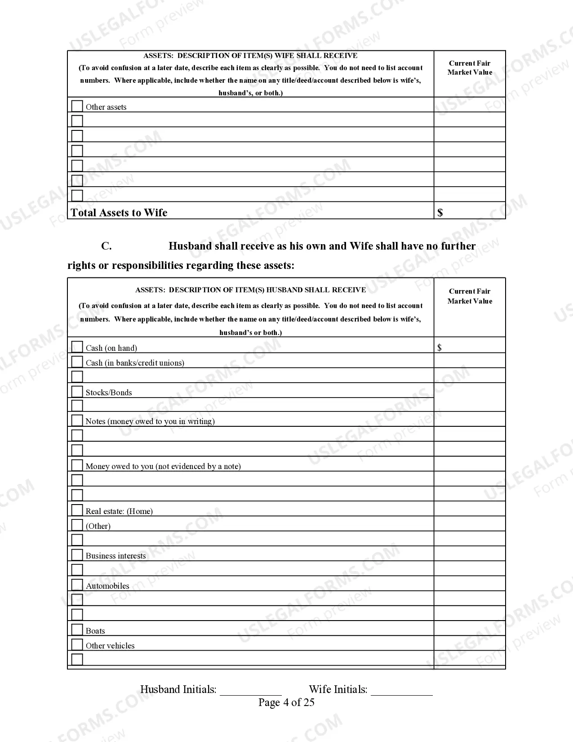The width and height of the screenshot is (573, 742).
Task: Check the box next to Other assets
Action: [77, 106]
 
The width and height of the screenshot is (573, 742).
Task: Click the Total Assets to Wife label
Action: [119, 213]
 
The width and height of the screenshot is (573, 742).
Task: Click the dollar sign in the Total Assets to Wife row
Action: [440, 213]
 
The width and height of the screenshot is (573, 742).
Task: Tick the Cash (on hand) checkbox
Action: [77, 347]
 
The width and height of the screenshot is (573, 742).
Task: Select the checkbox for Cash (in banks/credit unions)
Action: [77, 362]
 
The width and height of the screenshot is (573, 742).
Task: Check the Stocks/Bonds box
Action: [77, 391]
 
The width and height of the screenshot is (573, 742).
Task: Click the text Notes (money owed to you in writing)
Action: [150, 421]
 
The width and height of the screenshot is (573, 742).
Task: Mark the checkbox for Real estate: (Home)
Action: [77, 510]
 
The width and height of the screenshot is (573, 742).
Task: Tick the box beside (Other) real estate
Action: [77, 525]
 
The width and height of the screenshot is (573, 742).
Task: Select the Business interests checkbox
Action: [77, 554]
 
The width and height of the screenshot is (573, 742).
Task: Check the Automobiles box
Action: [77, 585]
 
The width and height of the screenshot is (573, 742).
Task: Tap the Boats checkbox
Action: [77, 630]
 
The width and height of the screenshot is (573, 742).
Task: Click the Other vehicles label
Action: [110, 646]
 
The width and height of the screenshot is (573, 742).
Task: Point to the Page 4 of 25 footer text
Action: [286, 702]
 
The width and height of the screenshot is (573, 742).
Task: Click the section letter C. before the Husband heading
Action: [106, 246]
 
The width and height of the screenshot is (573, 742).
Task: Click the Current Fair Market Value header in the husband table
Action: [470, 296]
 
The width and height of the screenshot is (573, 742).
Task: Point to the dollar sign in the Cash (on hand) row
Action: [439, 348]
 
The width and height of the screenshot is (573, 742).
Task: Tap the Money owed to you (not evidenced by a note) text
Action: [163, 466]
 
